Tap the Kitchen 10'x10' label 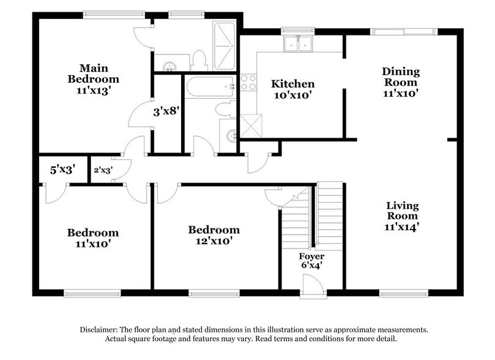pyautogui.click(x=293, y=89)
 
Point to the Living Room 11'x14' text pyautogui.click(x=402, y=216)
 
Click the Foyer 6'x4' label pyautogui.click(x=311, y=261)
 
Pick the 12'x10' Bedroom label pyautogui.click(x=214, y=235)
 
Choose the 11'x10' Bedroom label pyautogui.click(x=93, y=238)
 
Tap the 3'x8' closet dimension pyautogui.click(x=166, y=112)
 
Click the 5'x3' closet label pyautogui.click(x=62, y=170)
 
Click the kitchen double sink pyautogui.click(x=298, y=43)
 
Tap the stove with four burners pyautogui.click(x=248, y=83)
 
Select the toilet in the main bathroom pyautogui.click(x=198, y=60)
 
